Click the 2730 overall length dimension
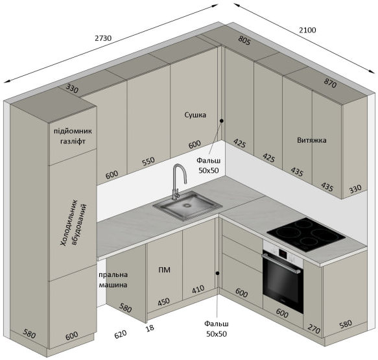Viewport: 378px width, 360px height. pyautogui.click(x=103, y=38)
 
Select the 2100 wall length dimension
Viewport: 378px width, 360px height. pyautogui.click(x=307, y=30)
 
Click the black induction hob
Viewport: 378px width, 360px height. pyautogui.click(x=306, y=235)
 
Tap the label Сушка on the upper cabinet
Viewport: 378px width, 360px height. pyautogui.click(x=195, y=115)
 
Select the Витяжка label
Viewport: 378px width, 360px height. pyautogui.click(x=312, y=140)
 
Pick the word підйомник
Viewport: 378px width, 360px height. pyautogui.click(x=73, y=131)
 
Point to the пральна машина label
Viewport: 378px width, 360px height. pyautogui.click(x=113, y=280)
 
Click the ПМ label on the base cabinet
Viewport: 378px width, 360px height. pyautogui.click(x=165, y=270)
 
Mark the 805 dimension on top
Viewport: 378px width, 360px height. pyautogui.click(x=244, y=40)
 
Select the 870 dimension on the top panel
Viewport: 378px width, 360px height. pyautogui.click(x=330, y=83)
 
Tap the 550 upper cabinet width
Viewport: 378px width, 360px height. pyautogui.click(x=148, y=162)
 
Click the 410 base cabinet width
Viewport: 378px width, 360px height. pyautogui.click(x=198, y=289)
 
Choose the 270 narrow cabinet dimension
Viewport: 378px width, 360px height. pyautogui.click(x=314, y=329)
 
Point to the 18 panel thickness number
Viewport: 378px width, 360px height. pyautogui.click(x=150, y=328)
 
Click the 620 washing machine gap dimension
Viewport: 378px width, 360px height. pyautogui.click(x=121, y=334)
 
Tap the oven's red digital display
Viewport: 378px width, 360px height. pyautogui.click(x=283, y=253)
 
